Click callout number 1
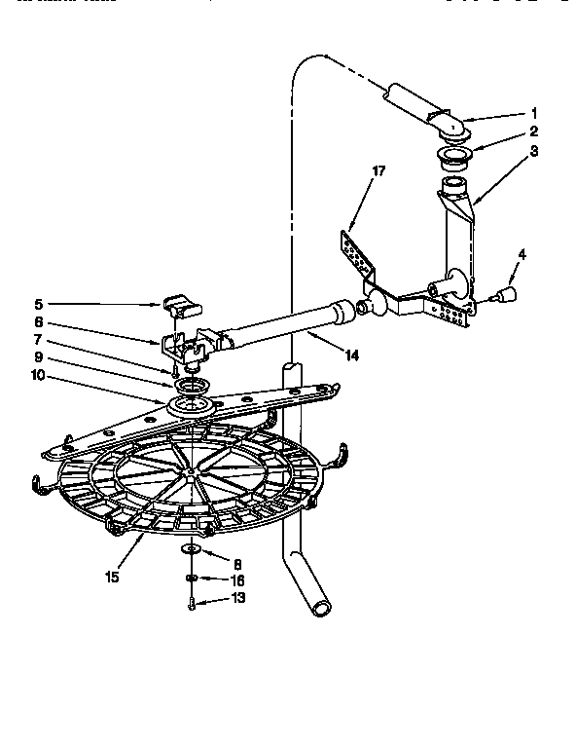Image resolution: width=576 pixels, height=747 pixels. click(533, 112)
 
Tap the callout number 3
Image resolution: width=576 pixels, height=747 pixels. click(533, 151)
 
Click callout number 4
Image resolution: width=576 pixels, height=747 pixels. click(522, 254)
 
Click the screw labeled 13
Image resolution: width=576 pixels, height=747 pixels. click(193, 604)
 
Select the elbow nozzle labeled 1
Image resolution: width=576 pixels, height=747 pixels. click(448, 124)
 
